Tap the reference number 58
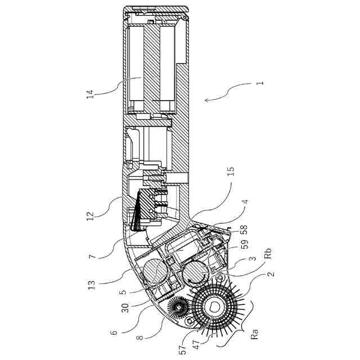point(244,231)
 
